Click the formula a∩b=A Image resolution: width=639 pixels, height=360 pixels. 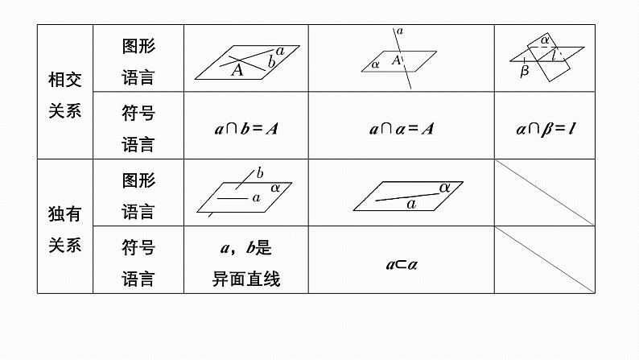(x=245, y=128)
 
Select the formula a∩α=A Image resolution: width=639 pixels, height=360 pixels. (x=401, y=128)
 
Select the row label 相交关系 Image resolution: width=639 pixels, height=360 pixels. (x=65, y=94)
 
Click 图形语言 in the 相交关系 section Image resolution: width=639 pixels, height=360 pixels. (x=138, y=61)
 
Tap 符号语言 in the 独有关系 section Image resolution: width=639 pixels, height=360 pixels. (x=138, y=263)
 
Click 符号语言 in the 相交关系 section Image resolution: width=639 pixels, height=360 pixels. (x=138, y=128)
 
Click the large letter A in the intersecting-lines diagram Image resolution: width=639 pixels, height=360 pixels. (x=237, y=70)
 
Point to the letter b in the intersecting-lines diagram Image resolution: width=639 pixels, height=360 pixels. (x=272, y=62)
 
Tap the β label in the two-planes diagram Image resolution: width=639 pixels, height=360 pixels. (x=525, y=71)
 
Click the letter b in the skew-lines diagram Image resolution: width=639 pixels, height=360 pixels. (x=259, y=172)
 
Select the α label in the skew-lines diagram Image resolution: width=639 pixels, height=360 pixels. (x=275, y=187)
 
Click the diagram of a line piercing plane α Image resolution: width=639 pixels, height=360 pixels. (x=400, y=59)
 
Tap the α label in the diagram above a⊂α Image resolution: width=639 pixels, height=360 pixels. (x=444, y=187)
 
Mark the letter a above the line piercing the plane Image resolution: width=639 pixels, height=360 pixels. (x=400, y=31)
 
